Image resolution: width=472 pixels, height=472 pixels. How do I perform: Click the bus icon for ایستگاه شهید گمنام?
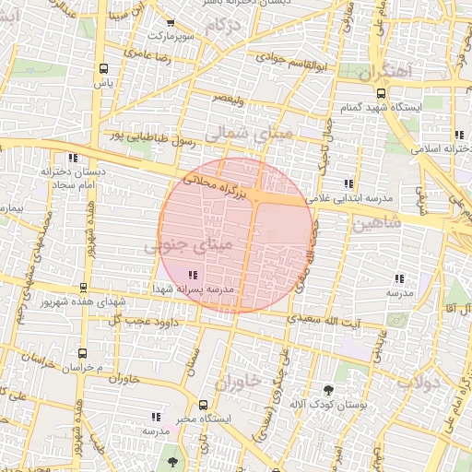point(382,92)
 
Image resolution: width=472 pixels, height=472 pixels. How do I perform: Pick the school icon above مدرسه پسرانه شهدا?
point(192,275)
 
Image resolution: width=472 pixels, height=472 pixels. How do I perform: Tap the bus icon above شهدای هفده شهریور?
point(85,288)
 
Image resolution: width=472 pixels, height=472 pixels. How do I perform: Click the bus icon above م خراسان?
point(83,353)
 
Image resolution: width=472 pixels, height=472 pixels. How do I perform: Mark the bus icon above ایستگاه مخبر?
point(204,404)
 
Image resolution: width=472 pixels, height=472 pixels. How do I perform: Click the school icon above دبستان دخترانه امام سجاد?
point(73,157)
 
